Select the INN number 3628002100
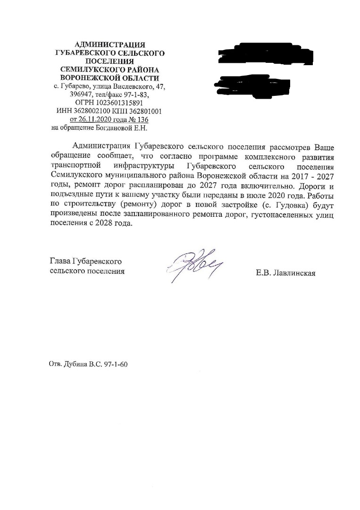91,111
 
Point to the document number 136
142,119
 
